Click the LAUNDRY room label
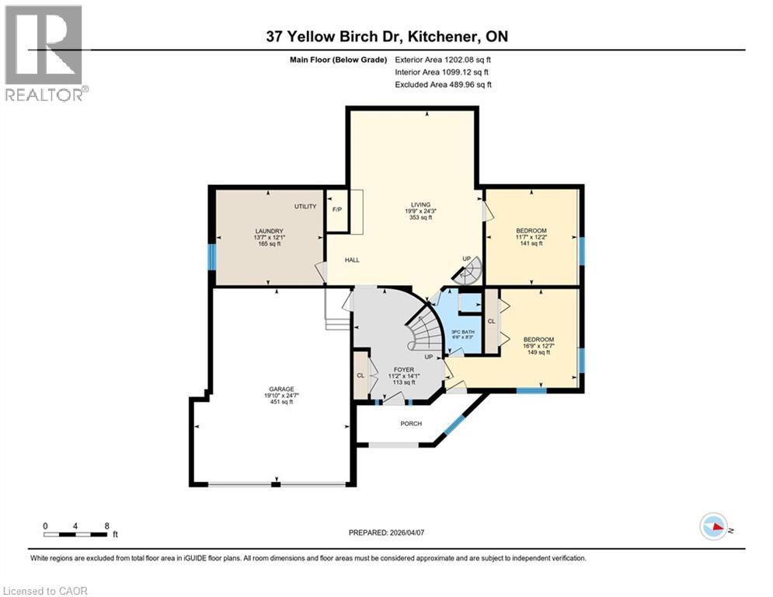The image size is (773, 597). [269, 230]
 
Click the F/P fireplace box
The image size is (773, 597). [336, 210]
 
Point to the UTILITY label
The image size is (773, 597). [305, 207]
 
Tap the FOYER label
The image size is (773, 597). [403, 370]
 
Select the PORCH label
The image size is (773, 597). [410, 424]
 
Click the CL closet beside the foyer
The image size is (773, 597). [360, 375]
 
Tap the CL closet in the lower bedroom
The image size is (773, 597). [491, 320]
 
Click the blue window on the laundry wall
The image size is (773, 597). [211, 257]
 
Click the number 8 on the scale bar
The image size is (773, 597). [106, 525]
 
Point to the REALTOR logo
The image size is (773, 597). [45, 53]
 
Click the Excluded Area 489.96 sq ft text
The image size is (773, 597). [444, 85]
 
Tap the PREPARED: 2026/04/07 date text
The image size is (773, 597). [388, 532]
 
